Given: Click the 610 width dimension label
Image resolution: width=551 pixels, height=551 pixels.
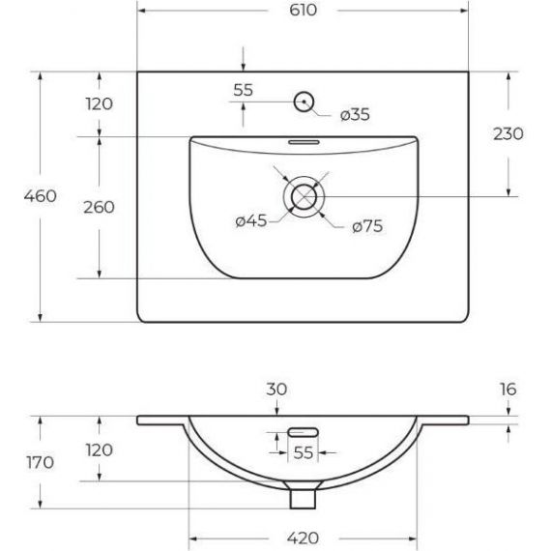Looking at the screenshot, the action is coord(303,10).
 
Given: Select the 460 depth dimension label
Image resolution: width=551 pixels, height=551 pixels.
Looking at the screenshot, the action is coord(40,195).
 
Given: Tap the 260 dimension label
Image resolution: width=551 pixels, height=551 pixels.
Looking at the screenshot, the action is coord(99,207).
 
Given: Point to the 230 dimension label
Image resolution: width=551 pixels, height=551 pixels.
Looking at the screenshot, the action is coord(508,134).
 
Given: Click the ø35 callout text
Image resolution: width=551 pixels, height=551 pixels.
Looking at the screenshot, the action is coord(355,115).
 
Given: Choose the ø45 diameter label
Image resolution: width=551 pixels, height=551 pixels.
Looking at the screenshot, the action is coord(251,221).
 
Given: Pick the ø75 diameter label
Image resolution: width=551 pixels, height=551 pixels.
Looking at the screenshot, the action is coord(367,226).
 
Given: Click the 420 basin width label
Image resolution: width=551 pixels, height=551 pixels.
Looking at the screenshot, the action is coord(303,538).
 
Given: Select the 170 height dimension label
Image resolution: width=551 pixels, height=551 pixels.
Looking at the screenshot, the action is coord(40,462).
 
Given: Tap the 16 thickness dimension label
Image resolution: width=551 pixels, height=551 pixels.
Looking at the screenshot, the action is coord(508,389).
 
